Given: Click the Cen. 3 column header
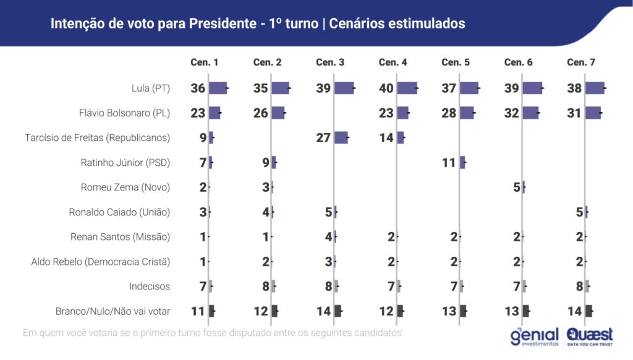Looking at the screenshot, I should tap(330, 62).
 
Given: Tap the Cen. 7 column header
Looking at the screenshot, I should tap(581, 62).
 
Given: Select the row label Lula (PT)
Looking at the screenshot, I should tap(151, 88).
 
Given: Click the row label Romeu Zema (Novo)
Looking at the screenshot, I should tap(125, 187).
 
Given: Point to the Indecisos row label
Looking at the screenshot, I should tap(150, 286).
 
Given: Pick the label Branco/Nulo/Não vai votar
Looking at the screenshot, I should tap(113, 311).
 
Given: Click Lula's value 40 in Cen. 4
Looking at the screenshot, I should tap(386, 88).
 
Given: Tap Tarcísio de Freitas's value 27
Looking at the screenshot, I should tap(323, 137).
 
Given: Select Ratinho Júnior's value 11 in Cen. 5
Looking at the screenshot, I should tap(449, 163).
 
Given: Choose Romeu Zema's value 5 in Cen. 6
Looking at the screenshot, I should tap(517, 187).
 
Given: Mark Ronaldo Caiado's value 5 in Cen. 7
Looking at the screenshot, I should tap(579, 212).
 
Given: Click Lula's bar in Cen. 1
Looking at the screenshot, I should tap(218, 88).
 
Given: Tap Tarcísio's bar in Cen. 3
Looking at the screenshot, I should tap(341, 137).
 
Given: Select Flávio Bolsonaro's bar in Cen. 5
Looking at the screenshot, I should tap(467, 113).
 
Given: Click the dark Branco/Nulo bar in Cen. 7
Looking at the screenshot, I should tap(588, 311).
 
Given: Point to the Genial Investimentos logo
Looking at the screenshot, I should tap(535, 336).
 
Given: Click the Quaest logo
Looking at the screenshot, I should tap(590, 336).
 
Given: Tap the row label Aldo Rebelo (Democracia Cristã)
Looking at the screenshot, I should tap(101, 261).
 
